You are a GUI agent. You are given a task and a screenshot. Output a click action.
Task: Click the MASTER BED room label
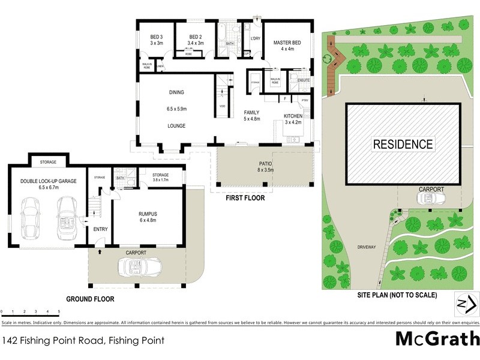[287, 43]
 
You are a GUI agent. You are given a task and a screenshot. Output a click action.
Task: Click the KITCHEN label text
[293, 115]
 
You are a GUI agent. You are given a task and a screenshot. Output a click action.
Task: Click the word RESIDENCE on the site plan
[403, 144]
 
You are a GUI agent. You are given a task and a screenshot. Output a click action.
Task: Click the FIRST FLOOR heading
[244, 197]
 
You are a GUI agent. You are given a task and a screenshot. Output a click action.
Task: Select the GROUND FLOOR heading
[90, 298]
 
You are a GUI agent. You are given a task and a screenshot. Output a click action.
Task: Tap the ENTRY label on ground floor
[100, 229]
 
